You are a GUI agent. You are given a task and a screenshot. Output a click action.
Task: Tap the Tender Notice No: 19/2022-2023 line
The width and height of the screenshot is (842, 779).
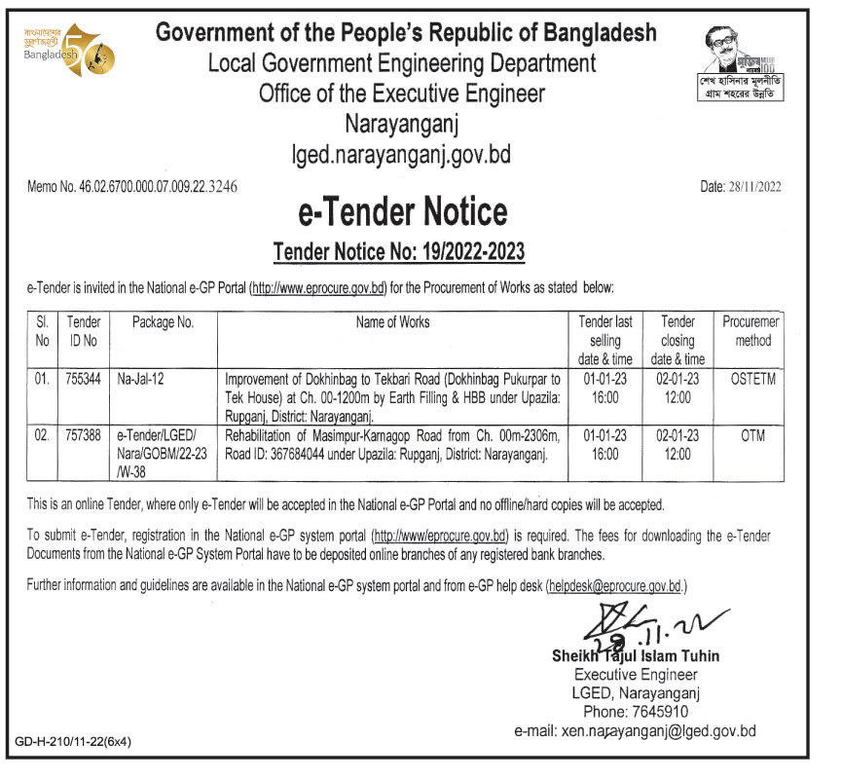point(399,253)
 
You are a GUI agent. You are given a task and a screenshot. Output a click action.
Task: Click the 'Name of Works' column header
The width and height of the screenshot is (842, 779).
point(392,322)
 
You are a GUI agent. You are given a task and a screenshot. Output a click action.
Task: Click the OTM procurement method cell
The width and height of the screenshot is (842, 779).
point(752,436)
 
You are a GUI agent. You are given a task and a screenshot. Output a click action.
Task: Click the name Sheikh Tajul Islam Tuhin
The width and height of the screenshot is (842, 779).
point(636,656)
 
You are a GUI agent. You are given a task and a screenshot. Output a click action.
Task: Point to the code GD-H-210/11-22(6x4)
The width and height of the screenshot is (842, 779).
point(74,741)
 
